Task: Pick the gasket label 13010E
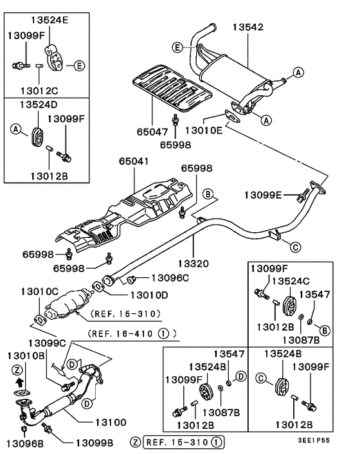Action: tap(204, 130)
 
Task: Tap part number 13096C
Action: tap(170, 278)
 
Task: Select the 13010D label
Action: tap(149, 295)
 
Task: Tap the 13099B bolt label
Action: tap(94, 443)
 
